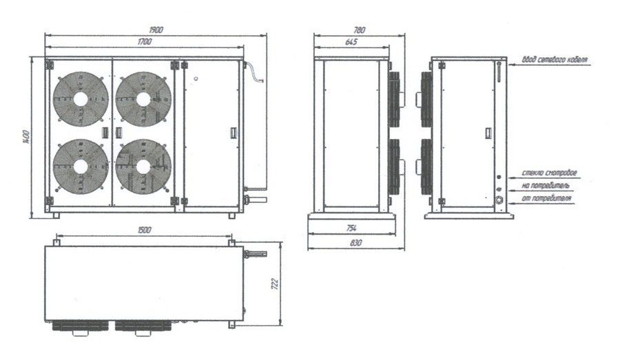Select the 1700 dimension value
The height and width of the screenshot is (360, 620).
144,43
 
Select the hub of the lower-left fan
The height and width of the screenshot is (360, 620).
81,166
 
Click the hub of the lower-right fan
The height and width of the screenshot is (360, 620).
143,166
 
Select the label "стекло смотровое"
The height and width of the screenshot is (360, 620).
550,172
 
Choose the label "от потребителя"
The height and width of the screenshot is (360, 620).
548,199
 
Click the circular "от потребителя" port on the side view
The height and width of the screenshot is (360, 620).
499,200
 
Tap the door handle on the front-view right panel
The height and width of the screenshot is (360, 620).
233,131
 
